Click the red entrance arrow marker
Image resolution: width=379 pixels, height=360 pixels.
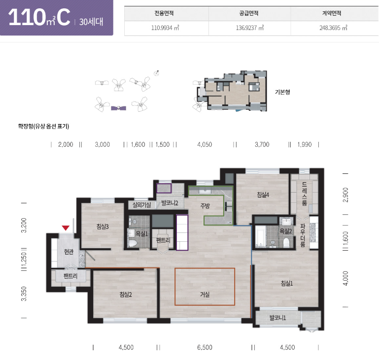click(66, 228)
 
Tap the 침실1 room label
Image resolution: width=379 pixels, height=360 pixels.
click(287, 283)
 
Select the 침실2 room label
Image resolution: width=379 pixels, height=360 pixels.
click(126, 295)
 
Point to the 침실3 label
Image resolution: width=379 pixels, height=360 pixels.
click(103, 227)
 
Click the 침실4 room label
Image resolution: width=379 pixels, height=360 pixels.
click(263, 195)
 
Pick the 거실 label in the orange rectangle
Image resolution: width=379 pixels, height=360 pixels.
click(205, 295)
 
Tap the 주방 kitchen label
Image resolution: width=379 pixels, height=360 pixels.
click(205, 206)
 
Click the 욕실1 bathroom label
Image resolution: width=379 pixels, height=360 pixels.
click(141, 233)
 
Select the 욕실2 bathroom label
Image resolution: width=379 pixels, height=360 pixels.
click(286, 231)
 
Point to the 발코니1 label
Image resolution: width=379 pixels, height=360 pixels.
click(277, 318)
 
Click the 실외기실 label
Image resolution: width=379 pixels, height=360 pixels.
click(141, 205)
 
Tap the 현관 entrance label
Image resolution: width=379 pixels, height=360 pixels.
click(69, 252)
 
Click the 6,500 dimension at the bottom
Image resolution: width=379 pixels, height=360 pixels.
click(205, 347)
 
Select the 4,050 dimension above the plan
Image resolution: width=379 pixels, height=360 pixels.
click(205, 144)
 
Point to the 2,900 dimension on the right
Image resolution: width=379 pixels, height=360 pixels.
click(345, 195)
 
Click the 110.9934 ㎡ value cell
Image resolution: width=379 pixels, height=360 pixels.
click(165, 28)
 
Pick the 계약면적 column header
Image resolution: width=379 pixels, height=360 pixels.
click(331, 13)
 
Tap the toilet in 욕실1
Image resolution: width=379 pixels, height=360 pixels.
click(133, 243)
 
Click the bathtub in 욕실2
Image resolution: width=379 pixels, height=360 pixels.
click(260, 236)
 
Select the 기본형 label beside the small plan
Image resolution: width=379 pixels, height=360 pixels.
click(282, 92)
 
